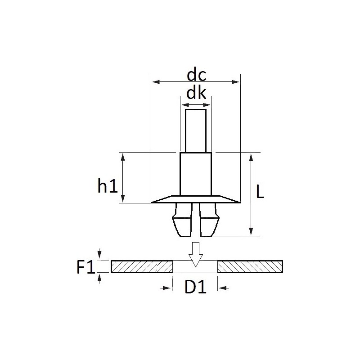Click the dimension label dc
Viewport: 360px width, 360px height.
[x=196, y=75]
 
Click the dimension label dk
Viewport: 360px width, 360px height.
[x=196, y=93]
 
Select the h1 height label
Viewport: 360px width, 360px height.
[x=108, y=185]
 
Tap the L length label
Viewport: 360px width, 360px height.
[x=260, y=192]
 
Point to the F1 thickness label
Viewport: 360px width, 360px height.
[x=85, y=267]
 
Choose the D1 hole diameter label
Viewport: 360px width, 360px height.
[x=195, y=287]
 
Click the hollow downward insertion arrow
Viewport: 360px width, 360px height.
[x=196, y=255]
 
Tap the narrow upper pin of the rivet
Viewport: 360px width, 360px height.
[x=196, y=131]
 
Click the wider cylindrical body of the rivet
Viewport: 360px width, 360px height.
[x=196, y=174]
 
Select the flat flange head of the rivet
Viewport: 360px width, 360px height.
[x=196, y=199]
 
